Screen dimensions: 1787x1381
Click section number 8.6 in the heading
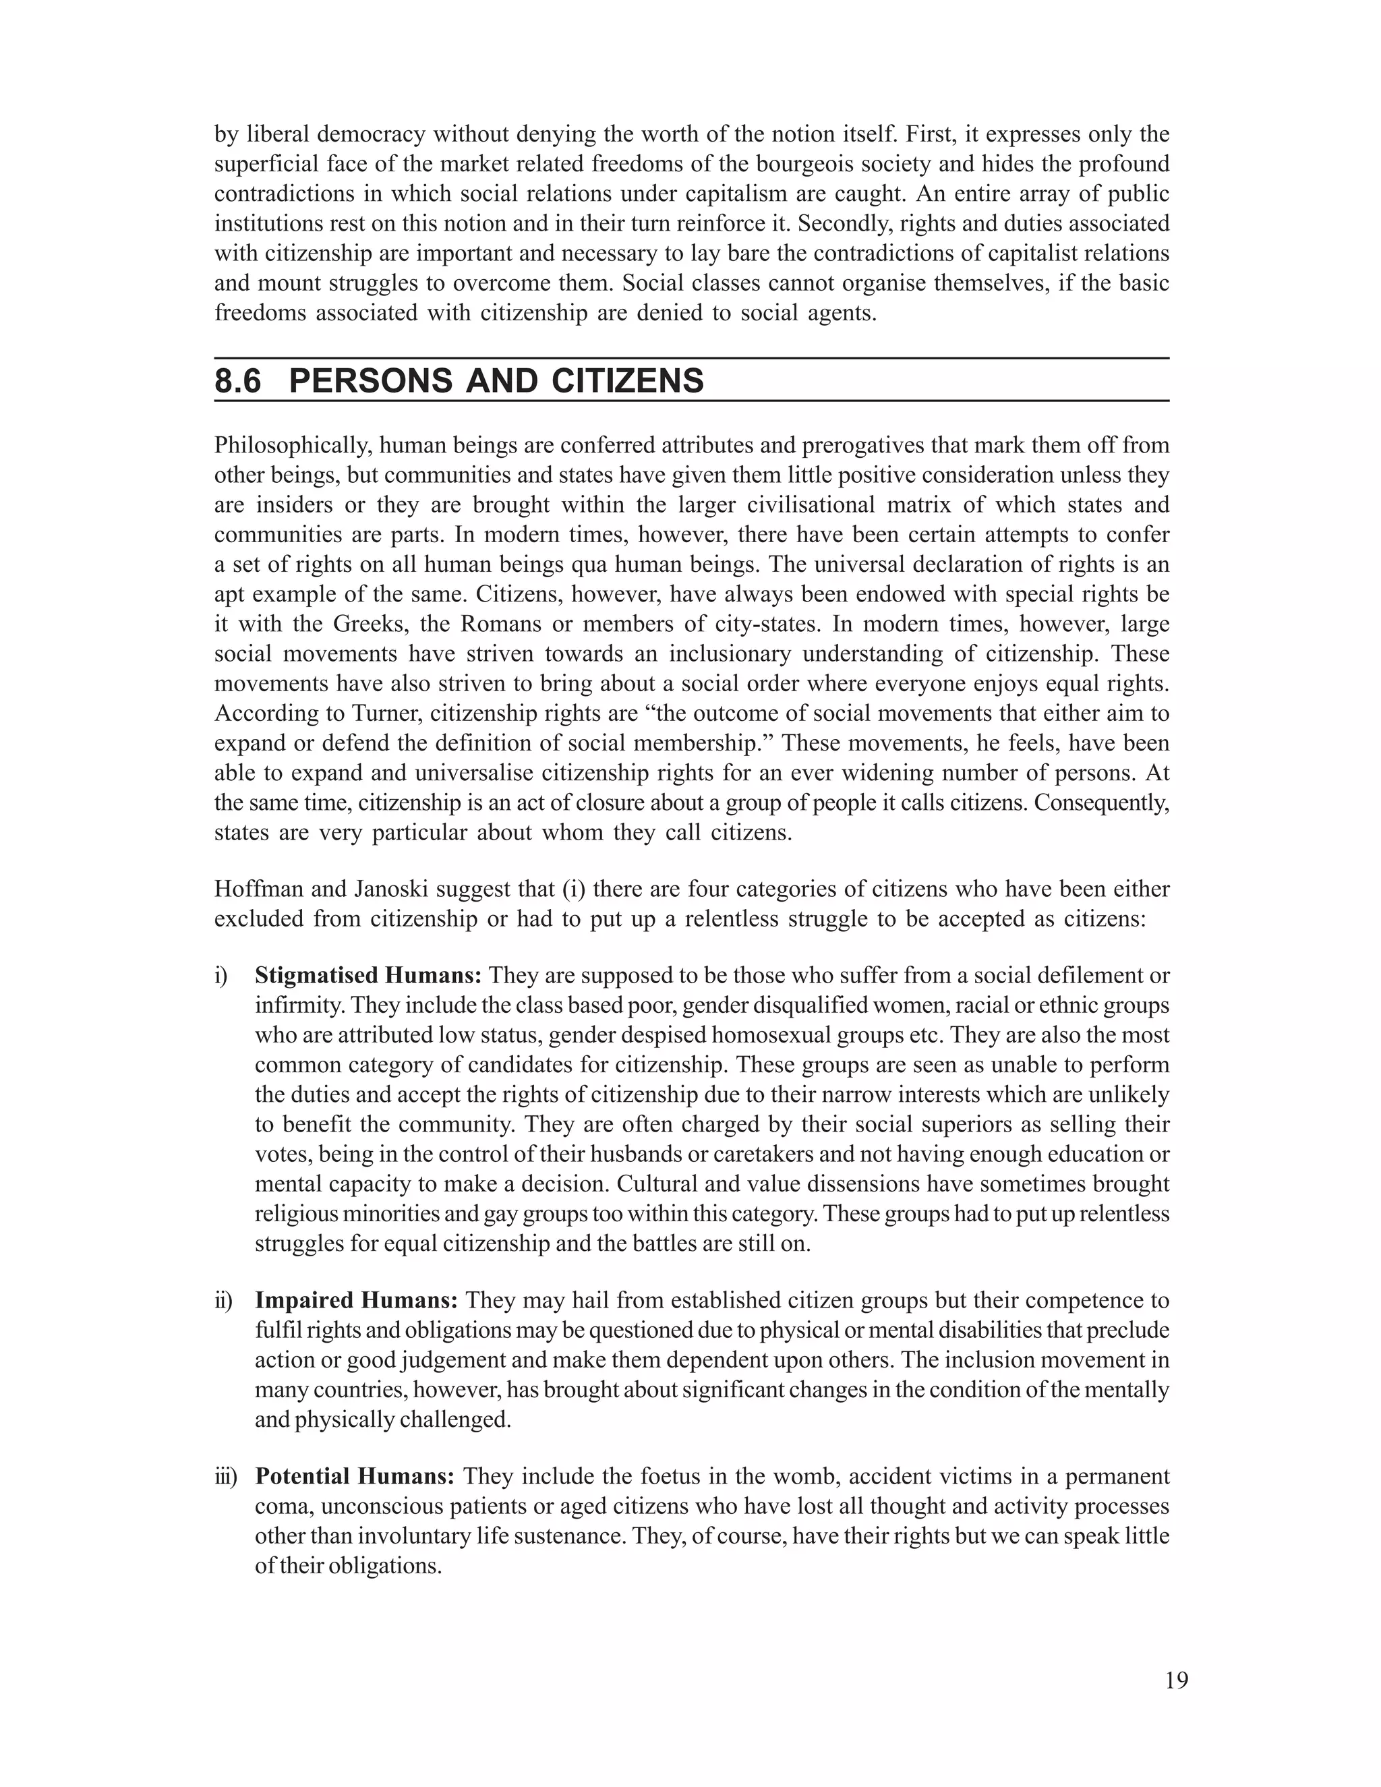click(x=238, y=381)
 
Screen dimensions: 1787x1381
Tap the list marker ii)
click(x=223, y=1301)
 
